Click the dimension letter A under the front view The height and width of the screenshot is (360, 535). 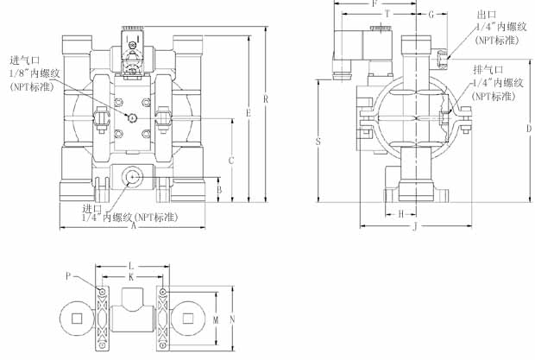point(134,225)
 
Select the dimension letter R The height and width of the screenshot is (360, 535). point(266,99)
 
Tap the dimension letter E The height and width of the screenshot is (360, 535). point(249,113)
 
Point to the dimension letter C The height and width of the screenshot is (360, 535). point(231,161)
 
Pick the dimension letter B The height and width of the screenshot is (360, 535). point(219,189)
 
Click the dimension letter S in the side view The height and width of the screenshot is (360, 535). point(318,141)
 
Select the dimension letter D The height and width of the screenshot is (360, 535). point(528,129)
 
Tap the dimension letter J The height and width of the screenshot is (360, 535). point(415,226)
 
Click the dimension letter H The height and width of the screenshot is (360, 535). point(401,214)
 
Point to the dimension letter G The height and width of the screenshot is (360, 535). point(431,15)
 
